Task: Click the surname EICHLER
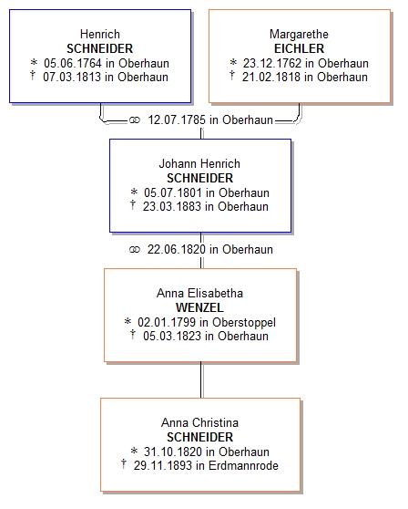299,48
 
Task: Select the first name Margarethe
299,34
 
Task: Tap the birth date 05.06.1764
73,63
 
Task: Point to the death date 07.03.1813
72,77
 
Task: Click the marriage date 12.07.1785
177,119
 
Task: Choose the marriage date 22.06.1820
177,249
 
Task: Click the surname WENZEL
199,307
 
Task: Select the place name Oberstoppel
244,322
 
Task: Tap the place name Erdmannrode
243,465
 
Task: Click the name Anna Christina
199,422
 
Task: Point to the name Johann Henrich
199,163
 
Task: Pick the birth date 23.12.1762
272,63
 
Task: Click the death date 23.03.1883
172,206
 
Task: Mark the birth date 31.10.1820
173,452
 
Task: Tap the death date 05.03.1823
172,336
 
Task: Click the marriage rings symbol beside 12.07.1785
135,120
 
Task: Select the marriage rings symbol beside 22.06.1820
135,250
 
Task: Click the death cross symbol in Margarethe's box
231,76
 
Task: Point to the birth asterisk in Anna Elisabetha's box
127,321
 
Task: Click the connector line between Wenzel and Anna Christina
201,379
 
